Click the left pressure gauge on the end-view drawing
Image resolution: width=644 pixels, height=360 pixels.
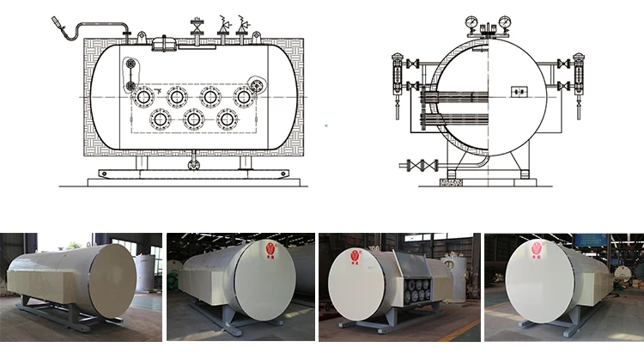point(473,19)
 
